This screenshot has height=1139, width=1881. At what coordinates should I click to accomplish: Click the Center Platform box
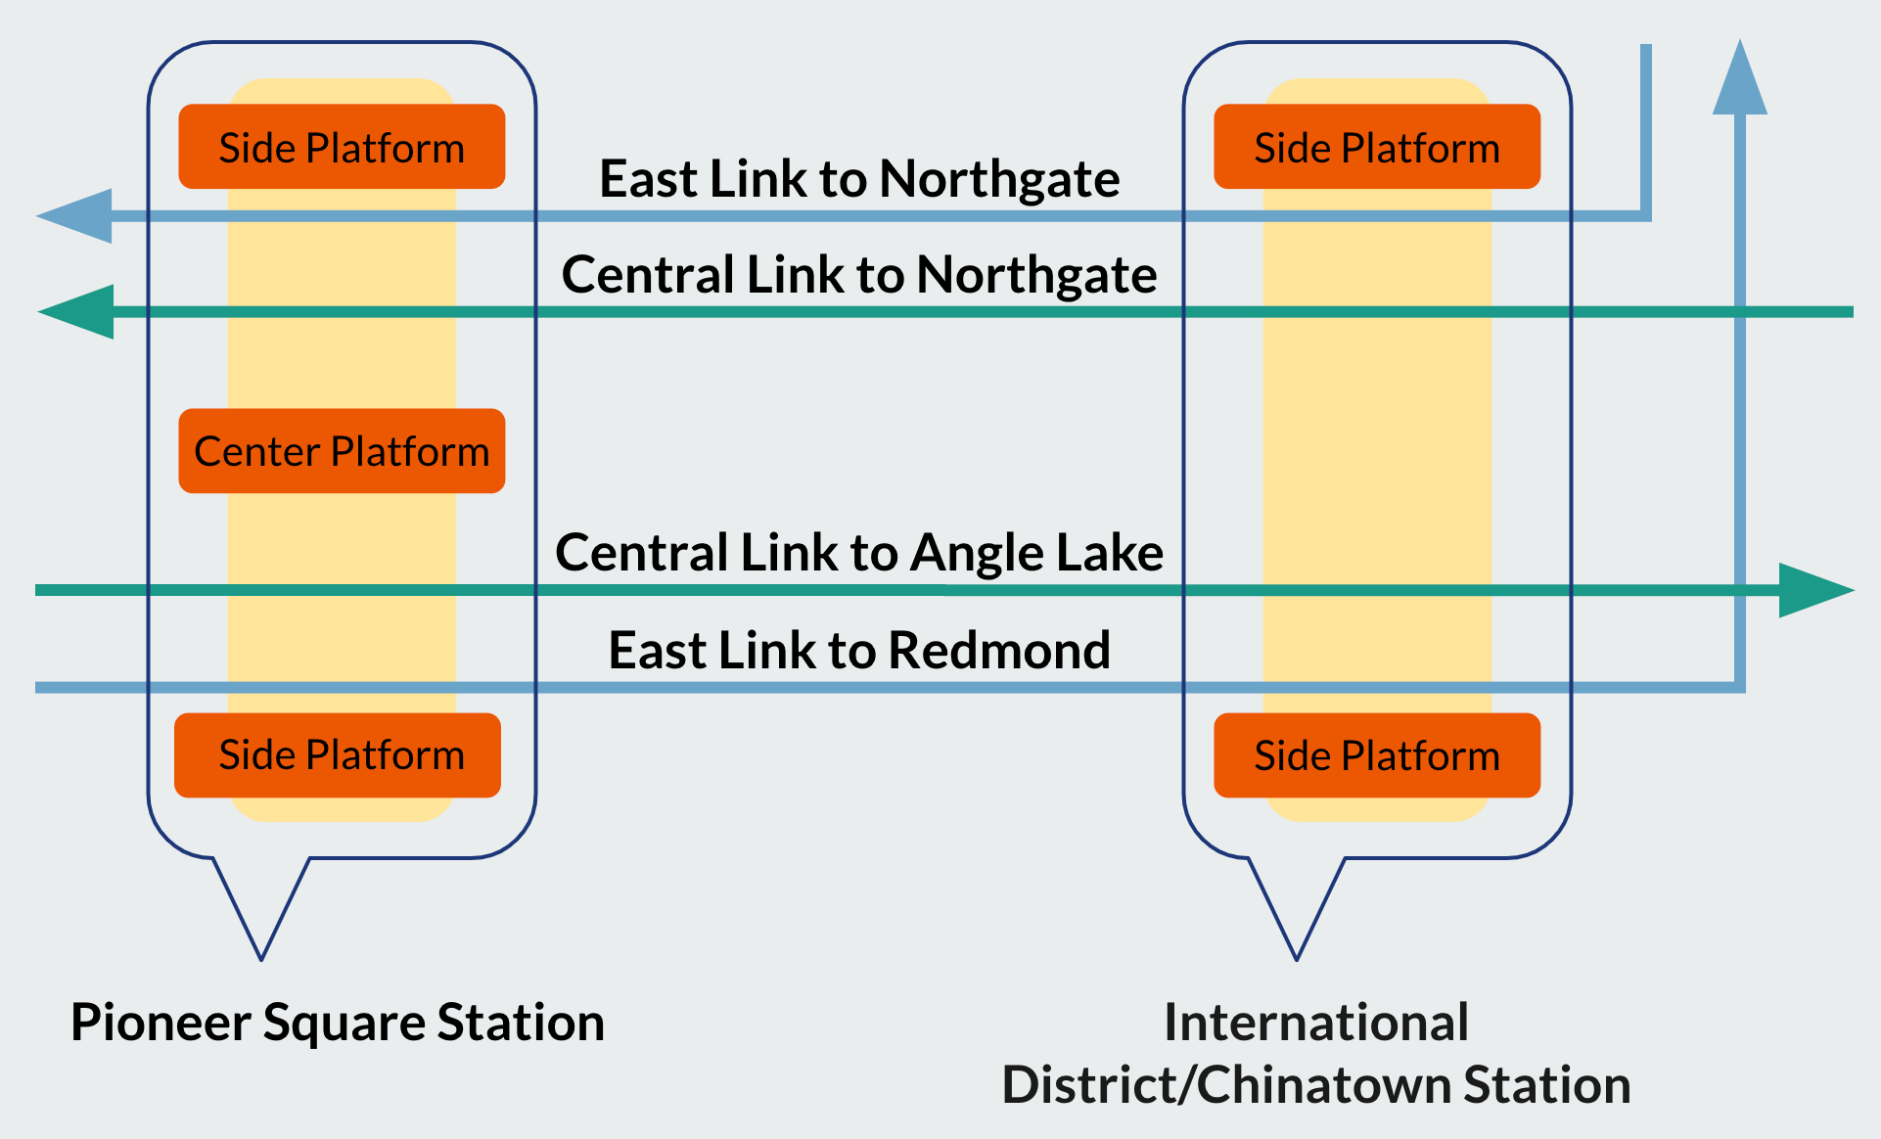[342, 451]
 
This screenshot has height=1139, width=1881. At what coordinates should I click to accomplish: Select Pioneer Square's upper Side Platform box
[342, 147]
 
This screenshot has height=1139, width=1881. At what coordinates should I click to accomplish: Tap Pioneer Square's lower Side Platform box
[338, 755]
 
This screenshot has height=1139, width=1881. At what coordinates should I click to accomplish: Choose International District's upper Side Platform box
[1377, 147]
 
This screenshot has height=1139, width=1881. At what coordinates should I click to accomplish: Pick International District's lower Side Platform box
[1377, 755]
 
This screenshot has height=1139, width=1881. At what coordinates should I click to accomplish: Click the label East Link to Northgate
[859, 179]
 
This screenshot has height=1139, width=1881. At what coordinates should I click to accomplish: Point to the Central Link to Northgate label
[859, 275]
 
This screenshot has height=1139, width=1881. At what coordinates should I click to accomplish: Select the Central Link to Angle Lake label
[859, 553]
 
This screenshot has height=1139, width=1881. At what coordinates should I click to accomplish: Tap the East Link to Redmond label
[859, 651]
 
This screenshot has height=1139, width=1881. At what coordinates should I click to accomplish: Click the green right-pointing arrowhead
[1812, 590]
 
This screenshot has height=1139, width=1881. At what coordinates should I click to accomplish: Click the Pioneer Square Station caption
[338, 1023]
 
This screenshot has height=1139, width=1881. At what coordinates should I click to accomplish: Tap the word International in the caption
[1316, 1023]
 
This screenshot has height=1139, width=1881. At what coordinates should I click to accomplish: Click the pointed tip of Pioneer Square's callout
[261, 955]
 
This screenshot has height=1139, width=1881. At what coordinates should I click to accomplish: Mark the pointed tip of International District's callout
[1297, 955]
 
